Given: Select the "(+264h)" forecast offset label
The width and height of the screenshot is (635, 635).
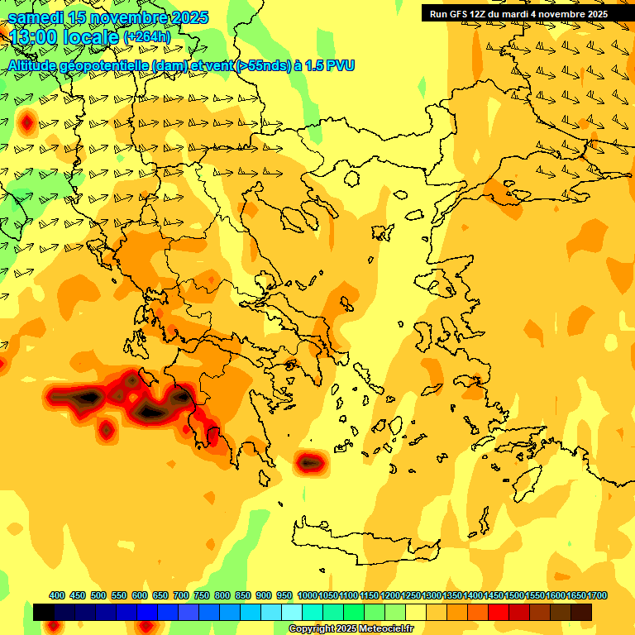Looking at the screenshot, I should (x=147, y=36).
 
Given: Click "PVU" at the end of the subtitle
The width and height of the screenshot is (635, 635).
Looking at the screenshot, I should (x=341, y=64).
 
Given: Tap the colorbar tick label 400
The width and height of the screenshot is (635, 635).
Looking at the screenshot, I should (x=57, y=595).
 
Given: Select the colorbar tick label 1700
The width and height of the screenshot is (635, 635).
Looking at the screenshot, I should (x=582, y=595).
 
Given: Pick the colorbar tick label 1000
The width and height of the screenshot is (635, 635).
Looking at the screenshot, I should (x=308, y=595).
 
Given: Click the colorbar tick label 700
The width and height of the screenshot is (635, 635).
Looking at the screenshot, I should (x=181, y=595).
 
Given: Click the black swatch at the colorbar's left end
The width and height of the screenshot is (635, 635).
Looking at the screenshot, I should (x=44, y=612).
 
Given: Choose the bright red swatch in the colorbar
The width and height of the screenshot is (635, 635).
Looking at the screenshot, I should (x=499, y=612).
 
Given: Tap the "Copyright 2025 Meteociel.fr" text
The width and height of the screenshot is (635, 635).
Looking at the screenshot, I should (x=351, y=628).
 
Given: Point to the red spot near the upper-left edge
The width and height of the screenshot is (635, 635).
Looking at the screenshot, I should (x=26, y=124).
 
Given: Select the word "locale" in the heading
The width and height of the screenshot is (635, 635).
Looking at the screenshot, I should (x=92, y=37).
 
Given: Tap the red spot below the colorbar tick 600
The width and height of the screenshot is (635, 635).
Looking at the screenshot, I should (x=146, y=627).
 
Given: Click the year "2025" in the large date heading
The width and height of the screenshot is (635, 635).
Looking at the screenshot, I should (x=184, y=17).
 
